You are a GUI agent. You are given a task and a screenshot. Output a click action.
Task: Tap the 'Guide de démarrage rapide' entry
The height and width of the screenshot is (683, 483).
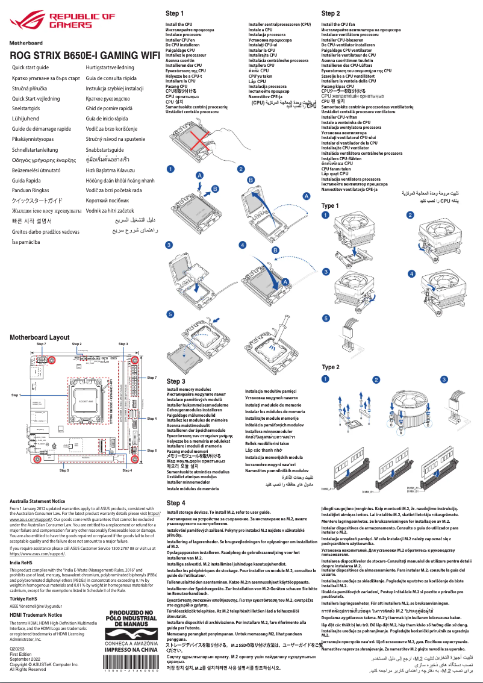coord(42,129)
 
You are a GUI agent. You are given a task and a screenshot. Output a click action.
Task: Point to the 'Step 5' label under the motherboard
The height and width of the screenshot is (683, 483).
coord(64,470)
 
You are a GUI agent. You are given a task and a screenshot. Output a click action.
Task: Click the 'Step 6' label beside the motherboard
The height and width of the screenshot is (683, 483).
coord(152,450)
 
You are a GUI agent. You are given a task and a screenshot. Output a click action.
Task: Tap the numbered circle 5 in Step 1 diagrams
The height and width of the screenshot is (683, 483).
coord(170,314)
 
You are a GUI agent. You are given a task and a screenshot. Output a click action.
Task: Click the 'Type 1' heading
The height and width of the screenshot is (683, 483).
coord(330,206)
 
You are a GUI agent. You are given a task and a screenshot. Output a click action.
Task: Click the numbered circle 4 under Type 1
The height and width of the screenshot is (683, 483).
coord(412,272)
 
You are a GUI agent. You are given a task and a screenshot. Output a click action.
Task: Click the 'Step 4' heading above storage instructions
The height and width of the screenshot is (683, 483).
coord(175,502)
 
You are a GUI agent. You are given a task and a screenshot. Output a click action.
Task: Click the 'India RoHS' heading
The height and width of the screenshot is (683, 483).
coord(23,563)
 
